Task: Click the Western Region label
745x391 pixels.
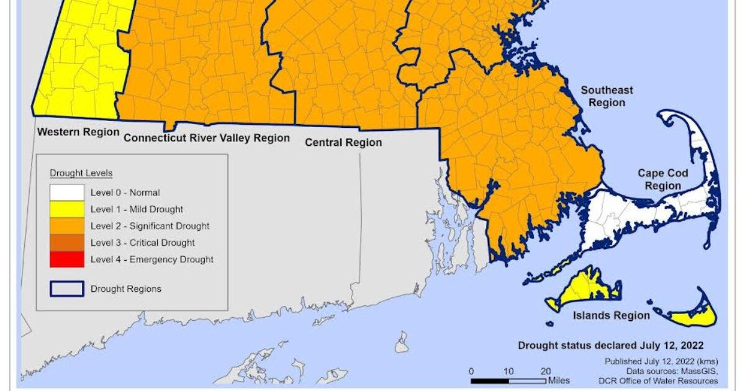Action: click(x=78, y=132)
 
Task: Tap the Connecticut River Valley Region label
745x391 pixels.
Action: click(x=207, y=138)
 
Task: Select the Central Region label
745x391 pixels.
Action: click(x=343, y=143)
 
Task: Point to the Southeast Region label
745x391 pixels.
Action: click(x=607, y=96)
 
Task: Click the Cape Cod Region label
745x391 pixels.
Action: click(x=662, y=180)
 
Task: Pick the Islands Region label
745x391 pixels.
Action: click(x=612, y=315)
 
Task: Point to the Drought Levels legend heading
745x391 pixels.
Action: click(x=81, y=173)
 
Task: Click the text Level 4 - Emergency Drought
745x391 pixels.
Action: click(x=151, y=259)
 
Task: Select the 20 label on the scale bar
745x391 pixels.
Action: click(x=546, y=371)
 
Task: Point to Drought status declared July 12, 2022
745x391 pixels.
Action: click(x=611, y=346)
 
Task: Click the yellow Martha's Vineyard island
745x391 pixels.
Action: click(x=580, y=292)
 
